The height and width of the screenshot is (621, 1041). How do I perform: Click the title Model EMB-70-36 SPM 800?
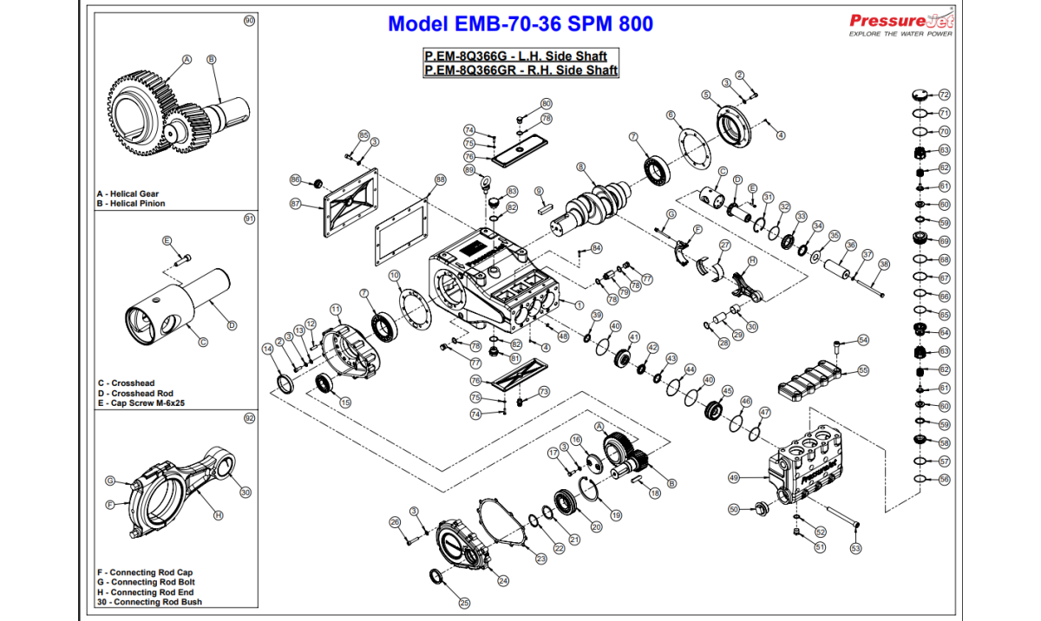[x=520, y=23]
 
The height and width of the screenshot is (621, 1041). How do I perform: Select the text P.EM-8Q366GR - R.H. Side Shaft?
[x=520, y=70]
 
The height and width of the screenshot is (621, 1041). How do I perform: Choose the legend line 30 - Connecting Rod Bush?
[x=149, y=602]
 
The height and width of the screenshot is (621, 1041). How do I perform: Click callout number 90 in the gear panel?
[x=250, y=20]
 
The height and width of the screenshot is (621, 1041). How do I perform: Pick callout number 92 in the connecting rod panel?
[x=250, y=418]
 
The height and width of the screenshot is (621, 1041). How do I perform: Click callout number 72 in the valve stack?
[x=945, y=95]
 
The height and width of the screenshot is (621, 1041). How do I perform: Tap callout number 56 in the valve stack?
[x=945, y=480]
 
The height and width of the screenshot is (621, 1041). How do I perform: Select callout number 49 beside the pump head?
[x=734, y=477]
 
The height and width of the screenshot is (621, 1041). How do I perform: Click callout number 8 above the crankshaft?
[x=580, y=167]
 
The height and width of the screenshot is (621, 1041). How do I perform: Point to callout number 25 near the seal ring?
[x=464, y=603]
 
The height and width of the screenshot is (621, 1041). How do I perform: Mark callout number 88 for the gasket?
[x=440, y=180]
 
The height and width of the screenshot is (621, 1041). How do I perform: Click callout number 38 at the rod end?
[x=884, y=264]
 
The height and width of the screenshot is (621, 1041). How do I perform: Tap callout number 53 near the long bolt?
[x=855, y=548]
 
